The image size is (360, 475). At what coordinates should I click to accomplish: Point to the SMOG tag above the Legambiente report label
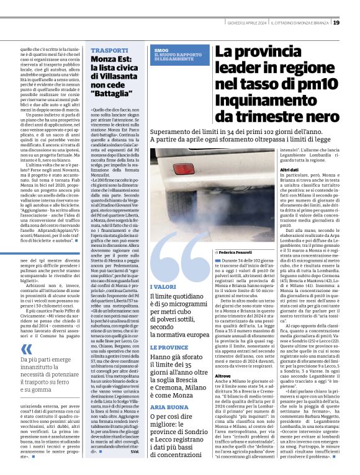click(161, 50)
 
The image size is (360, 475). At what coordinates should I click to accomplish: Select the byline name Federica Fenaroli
click(235, 253)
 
